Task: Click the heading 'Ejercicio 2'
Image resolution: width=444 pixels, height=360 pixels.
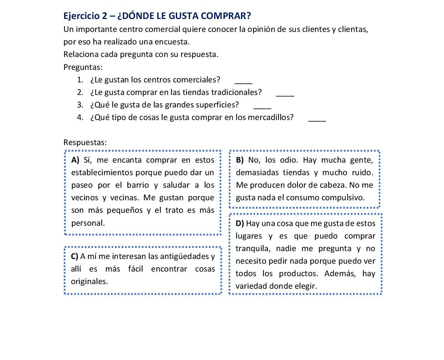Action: pyautogui.click(x=85, y=16)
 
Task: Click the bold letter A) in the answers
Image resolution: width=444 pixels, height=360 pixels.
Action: pyautogui.click(x=75, y=160)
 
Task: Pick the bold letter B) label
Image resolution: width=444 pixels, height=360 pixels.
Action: pyautogui.click(x=240, y=160)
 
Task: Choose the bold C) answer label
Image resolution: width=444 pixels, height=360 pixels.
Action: pyautogui.click(x=74, y=256)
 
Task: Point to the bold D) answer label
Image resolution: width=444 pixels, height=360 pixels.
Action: pyautogui.click(x=240, y=224)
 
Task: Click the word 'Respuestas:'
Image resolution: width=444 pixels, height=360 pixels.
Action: pyautogui.click(x=85, y=142)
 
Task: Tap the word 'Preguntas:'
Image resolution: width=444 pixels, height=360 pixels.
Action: pyautogui.click(x=83, y=67)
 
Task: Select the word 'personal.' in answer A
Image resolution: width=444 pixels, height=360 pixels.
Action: pyautogui.click(x=88, y=223)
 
